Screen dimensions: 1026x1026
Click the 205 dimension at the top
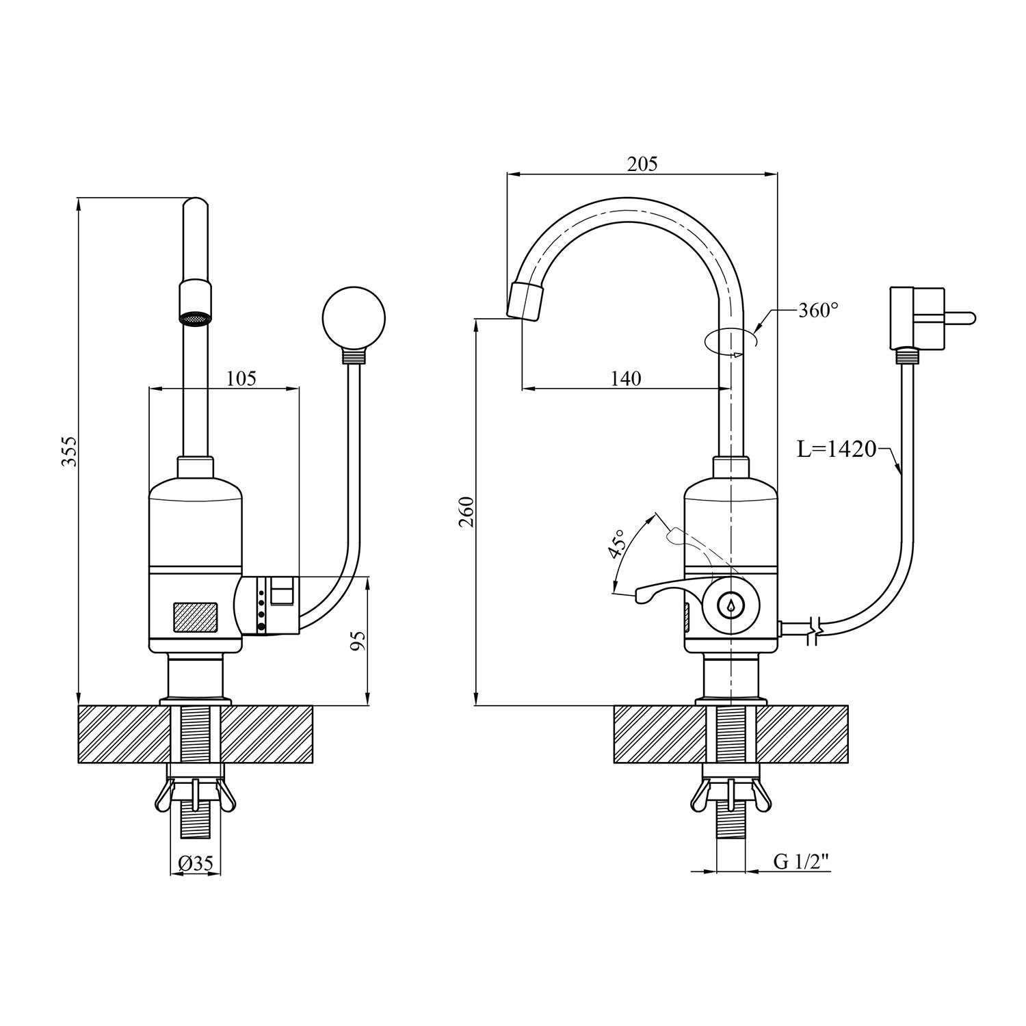pyautogui.click(x=642, y=164)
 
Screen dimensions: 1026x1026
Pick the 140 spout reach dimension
pyautogui.click(x=626, y=378)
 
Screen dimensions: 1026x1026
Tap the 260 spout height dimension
pyautogui.click(x=467, y=512)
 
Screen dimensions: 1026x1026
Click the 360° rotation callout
pyautogui.click(x=818, y=311)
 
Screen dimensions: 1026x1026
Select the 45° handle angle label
pyautogui.click(x=618, y=544)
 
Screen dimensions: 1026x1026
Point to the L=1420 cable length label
pyautogui.click(x=837, y=449)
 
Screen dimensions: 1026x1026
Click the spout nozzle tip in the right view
pyautogui.click(x=527, y=301)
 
